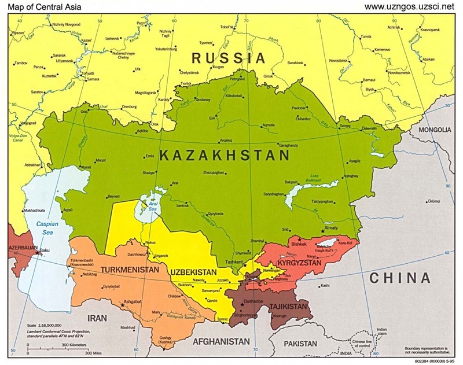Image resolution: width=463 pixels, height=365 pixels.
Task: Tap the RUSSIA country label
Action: [x=229, y=58]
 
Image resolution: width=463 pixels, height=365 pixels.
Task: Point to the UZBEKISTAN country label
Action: [x=193, y=272]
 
